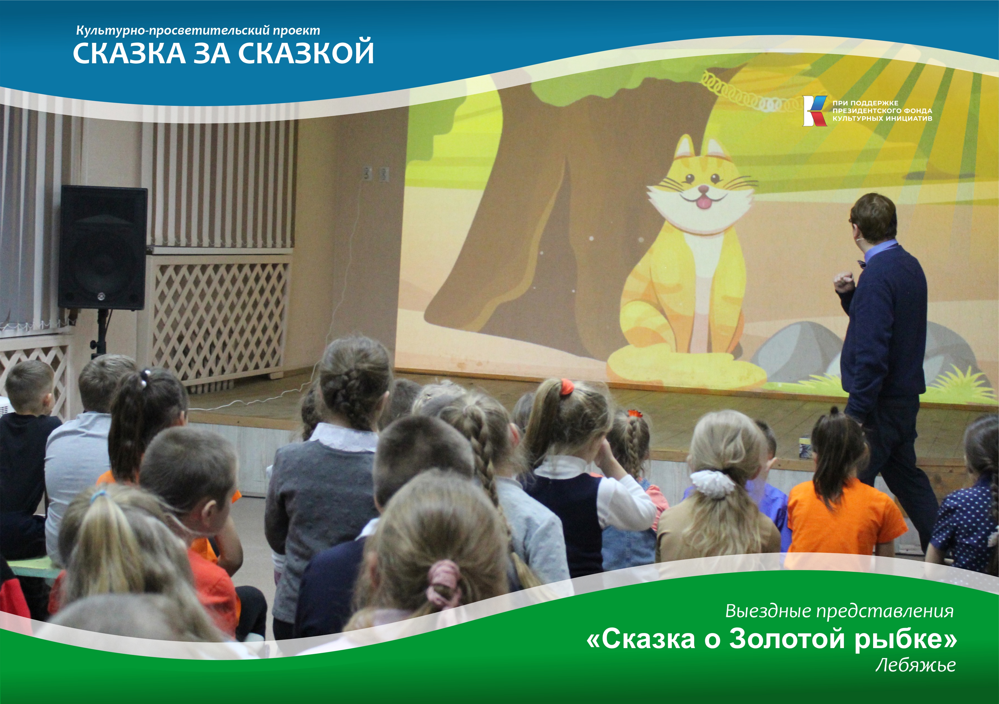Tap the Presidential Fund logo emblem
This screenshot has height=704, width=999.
tap(814, 111)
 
